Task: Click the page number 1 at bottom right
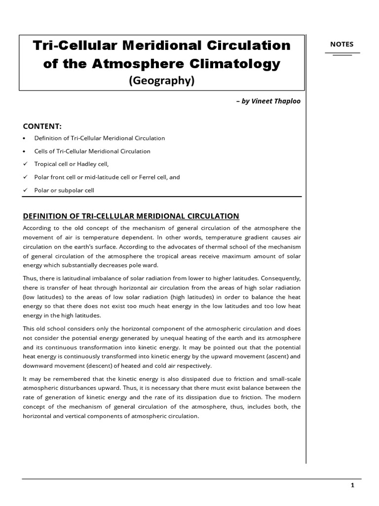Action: click(x=352, y=486)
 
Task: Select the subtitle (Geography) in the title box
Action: click(x=162, y=81)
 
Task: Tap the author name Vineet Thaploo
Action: click(x=278, y=101)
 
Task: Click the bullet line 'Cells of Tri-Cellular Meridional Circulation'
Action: click(x=92, y=151)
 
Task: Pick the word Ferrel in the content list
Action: click(x=146, y=177)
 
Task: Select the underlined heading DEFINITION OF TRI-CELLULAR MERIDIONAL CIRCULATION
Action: click(x=131, y=216)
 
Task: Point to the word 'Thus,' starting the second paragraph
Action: click(x=30, y=278)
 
